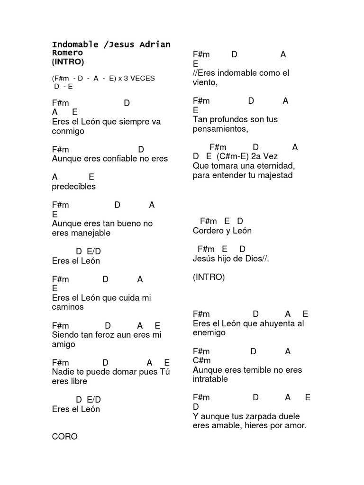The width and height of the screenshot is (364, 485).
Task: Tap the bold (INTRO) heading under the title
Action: pos(68,62)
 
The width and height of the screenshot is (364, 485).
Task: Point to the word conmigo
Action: pos(68,131)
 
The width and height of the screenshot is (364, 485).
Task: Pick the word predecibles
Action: pos(74,187)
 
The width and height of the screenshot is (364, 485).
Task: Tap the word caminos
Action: pos(68,307)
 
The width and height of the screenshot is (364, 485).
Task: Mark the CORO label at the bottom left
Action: pos(64,437)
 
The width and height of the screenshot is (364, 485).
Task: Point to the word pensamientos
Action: pos(220,129)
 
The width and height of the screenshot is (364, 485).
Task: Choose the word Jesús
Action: pos(204,259)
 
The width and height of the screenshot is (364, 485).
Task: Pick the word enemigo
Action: pos(209,333)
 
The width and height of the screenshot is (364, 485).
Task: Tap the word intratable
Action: pos(210,379)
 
